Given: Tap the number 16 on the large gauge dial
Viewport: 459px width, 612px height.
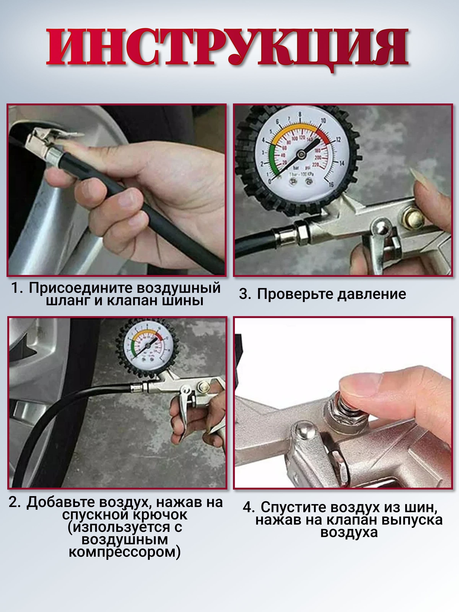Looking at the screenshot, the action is click(331, 184).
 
